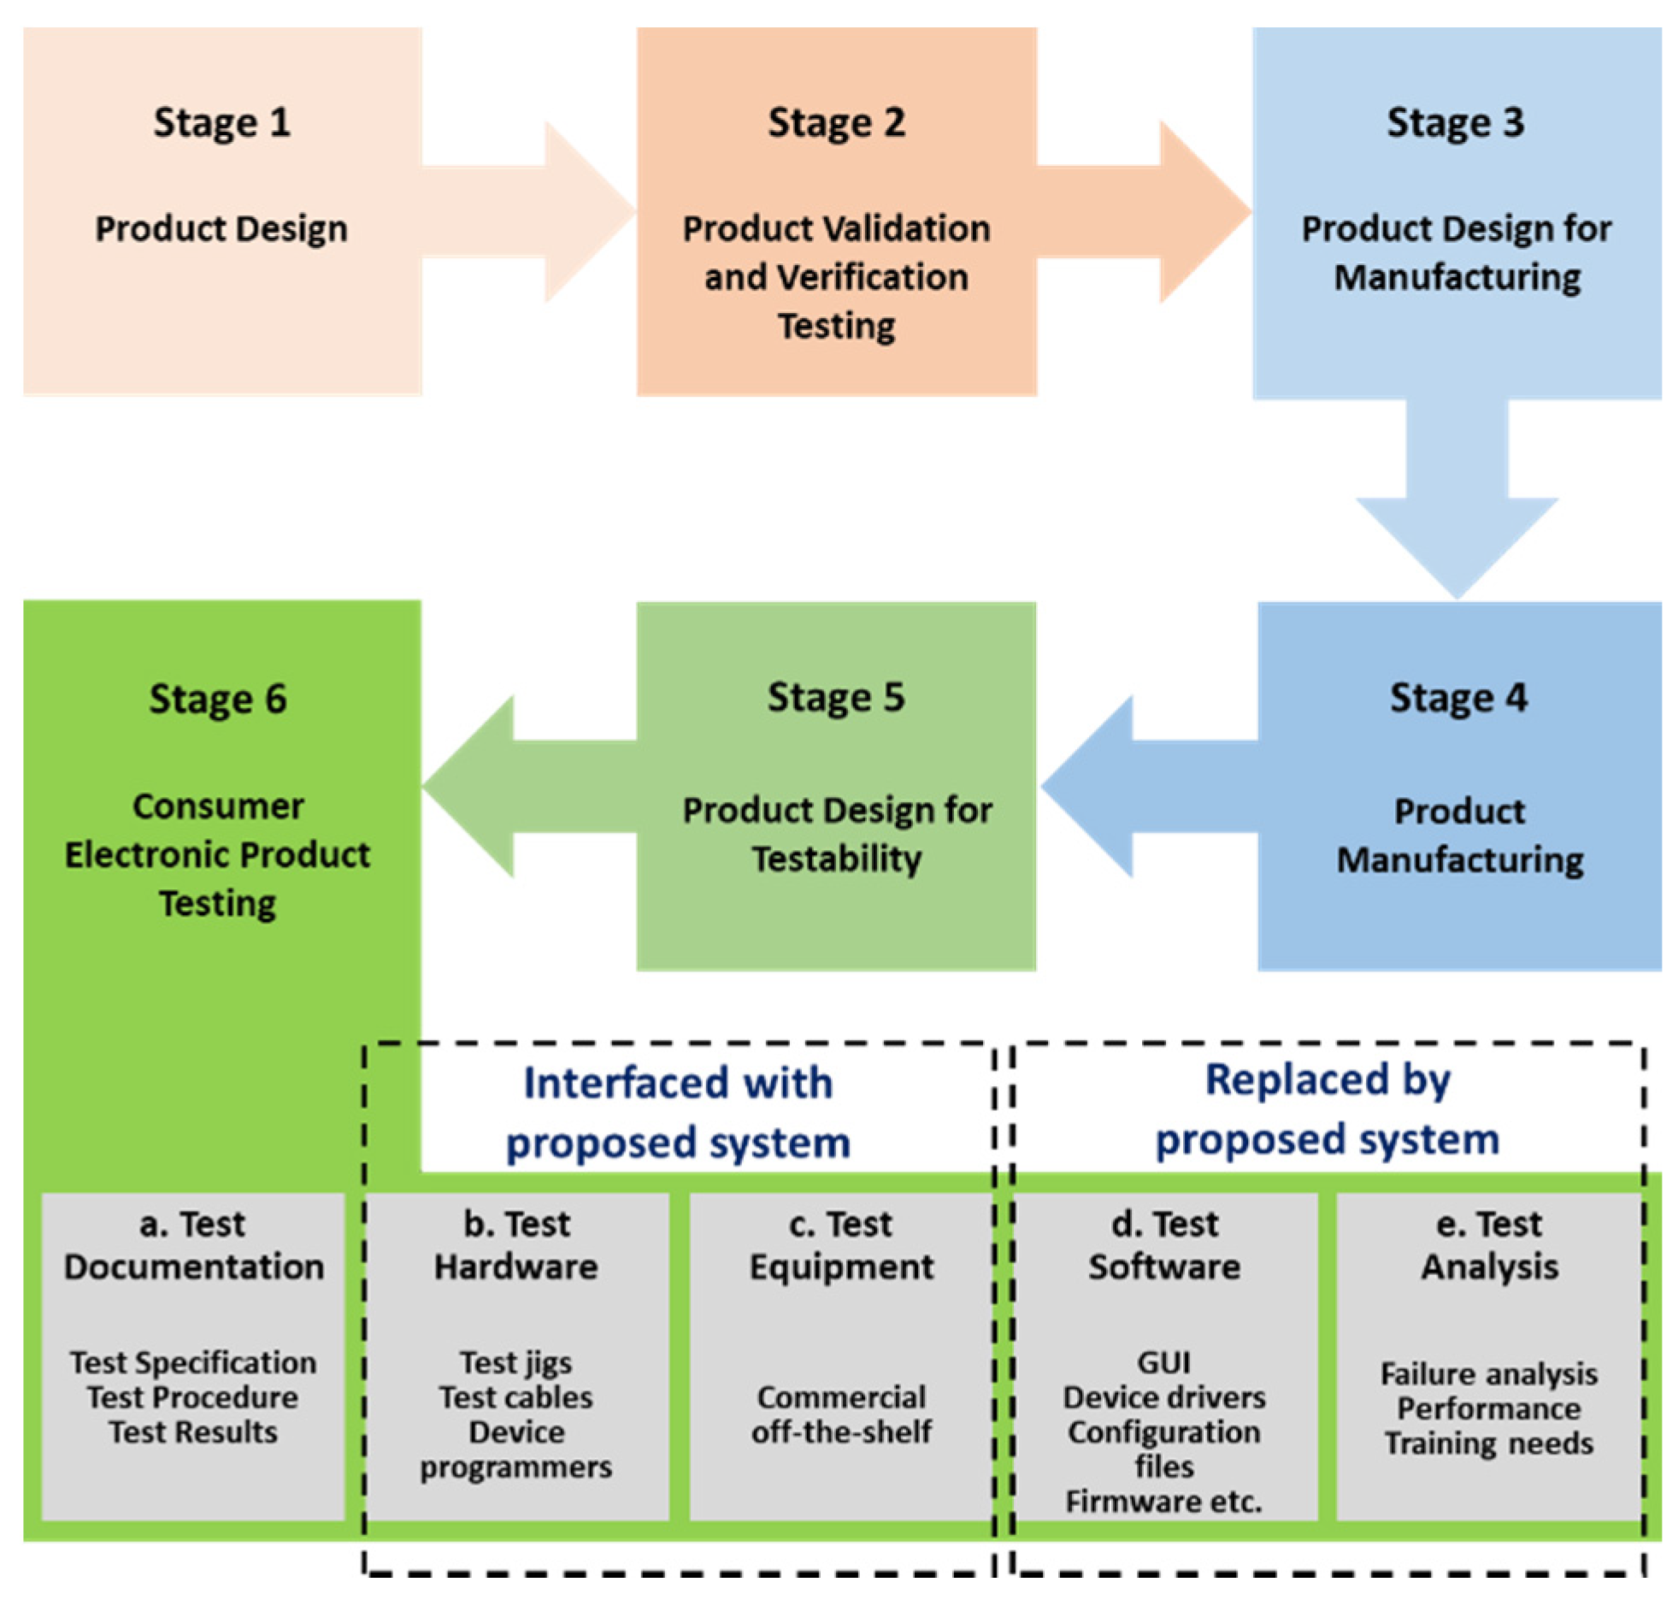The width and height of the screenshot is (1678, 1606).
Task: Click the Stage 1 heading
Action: point(221,122)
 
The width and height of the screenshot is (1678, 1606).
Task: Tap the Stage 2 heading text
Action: point(835,122)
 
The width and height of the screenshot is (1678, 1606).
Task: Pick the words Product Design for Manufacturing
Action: point(1456,252)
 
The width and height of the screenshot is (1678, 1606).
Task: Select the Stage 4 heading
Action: point(1457,698)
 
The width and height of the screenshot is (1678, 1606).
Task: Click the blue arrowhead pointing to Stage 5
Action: point(1086,786)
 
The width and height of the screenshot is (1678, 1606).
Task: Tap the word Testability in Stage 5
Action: point(836,859)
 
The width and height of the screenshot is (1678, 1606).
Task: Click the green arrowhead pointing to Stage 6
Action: point(469,786)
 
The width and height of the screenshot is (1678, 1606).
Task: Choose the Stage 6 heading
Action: point(218,699)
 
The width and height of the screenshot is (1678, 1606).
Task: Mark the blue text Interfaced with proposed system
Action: point(678,1112)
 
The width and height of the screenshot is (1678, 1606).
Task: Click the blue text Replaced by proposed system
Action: point(1328,1108)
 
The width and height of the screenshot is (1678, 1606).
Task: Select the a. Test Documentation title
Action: point(193,1245)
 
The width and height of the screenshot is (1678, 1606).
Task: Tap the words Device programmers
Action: point(516,1450)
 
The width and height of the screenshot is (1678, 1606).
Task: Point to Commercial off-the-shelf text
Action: point(840,1414)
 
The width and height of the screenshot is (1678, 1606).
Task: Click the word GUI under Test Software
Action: point(1163,1361)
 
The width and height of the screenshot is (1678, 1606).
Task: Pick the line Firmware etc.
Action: point(1163,1502)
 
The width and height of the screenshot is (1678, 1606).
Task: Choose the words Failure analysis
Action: point(1488,1373)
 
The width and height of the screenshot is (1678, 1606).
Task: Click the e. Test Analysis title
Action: point(1489,1245)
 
